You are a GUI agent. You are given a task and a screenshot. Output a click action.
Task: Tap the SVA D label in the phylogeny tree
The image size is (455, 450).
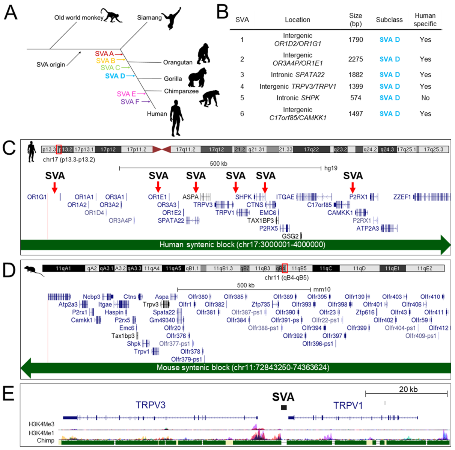click(115, 76)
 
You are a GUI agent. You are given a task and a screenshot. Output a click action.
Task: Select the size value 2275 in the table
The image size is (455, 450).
click(356, 59)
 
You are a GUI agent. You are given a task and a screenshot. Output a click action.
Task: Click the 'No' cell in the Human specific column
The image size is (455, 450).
click(425, 98)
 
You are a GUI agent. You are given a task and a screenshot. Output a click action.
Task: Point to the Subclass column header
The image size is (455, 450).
click(389, 20)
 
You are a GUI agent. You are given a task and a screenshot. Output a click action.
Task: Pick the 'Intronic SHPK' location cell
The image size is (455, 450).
click(298, 98)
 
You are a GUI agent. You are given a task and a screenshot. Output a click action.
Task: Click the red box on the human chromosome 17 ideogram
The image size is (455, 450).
click(59, 149)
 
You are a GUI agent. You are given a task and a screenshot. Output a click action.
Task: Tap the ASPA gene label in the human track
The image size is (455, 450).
click(190, 197)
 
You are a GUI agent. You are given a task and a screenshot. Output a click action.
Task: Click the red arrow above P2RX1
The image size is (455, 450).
click(353, 187)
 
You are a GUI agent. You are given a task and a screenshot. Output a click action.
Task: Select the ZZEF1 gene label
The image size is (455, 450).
click(402, 197)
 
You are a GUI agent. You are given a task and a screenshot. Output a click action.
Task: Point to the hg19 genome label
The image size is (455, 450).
click(331, 168)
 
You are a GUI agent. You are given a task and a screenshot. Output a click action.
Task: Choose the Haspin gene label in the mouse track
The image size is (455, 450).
click(114, 312)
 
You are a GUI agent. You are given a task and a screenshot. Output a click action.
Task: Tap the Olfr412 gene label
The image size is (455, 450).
click(438, 328)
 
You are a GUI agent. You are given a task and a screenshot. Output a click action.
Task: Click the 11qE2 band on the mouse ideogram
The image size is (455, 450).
click(425, 268)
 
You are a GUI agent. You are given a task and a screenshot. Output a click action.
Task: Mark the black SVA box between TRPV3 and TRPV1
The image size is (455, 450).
click(284, 407)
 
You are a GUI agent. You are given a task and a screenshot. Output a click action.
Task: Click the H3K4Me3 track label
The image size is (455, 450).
click(42, 424)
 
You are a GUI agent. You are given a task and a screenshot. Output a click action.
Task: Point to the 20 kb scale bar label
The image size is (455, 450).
click(408, 389)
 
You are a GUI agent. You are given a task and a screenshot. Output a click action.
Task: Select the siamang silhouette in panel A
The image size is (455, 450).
click(173, 18)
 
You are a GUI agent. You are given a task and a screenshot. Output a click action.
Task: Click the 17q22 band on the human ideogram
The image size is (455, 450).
click(311, 149)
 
